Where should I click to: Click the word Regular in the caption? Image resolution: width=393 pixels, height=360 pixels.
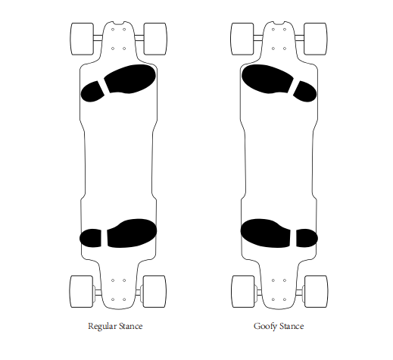tap(101, 326)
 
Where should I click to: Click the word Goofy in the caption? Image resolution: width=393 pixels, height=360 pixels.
tap(265, 327)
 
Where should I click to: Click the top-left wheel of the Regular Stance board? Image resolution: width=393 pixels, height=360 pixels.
tap(83, 39)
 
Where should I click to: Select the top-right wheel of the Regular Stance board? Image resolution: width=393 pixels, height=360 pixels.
tap(155, 39)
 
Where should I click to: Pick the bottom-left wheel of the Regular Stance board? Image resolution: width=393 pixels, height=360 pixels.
tap(81, 291)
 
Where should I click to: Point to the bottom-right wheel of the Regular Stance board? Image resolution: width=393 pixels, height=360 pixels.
tap(154, 291)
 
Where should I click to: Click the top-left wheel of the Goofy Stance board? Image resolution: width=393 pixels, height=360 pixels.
tap(242, 39)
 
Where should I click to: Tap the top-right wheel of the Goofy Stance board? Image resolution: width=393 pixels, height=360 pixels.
tap(316, 39)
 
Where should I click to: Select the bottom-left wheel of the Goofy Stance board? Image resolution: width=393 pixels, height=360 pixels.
tap(243, 291)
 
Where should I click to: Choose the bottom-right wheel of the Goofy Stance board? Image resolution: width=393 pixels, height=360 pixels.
tap(317, 291)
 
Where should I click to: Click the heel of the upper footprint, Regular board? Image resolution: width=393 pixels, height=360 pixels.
tap(92, 92)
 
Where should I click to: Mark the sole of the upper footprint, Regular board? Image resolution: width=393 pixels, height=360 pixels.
tap(130, 79)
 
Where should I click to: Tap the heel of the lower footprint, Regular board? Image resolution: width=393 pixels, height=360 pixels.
tap(91, 238)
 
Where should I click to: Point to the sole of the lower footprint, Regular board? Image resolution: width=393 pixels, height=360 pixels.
tap(132, 233)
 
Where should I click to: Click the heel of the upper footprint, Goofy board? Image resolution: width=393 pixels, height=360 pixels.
tap(305, 92)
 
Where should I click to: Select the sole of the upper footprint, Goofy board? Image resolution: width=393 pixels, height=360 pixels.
tap(267, 79)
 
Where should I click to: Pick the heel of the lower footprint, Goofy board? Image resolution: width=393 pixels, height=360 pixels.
tap(307, 238)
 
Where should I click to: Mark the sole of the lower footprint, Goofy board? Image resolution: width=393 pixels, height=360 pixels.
tap(266, 233)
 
